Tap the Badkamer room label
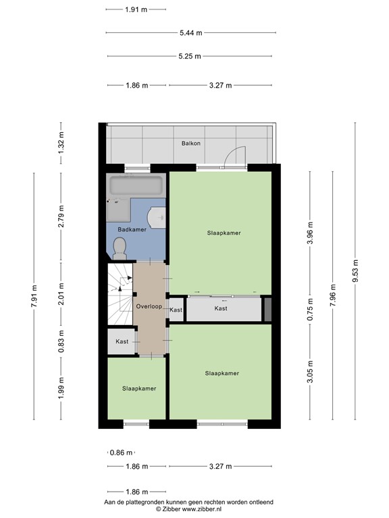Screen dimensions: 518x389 (132, 230)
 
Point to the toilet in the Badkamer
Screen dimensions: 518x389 (120, 251)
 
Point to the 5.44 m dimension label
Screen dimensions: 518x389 (189, 32)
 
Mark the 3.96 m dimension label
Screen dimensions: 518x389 (310, 233)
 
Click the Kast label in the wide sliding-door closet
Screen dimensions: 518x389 (221, 308)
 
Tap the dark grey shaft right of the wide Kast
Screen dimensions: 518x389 (267, 309)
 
